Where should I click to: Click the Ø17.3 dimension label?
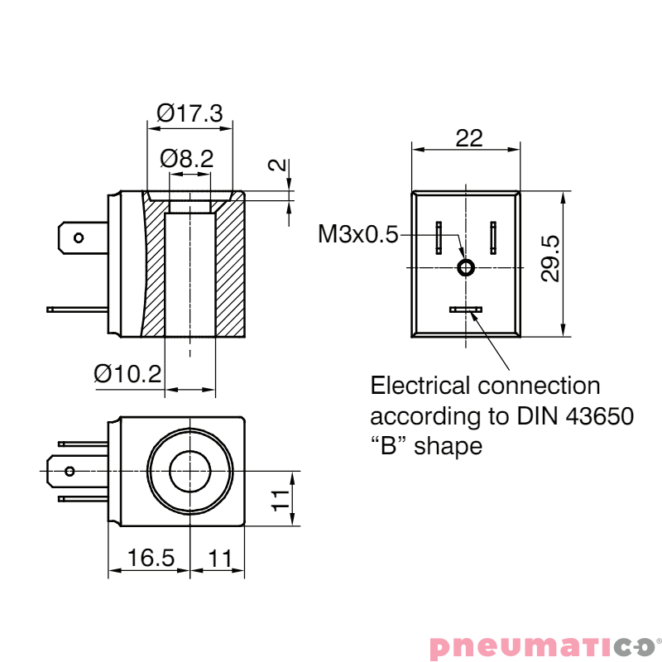[x=189, y=113]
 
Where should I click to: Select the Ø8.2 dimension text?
[x=187, y=158]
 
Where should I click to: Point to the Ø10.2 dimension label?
[x=127, y=374]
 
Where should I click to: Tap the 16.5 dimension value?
[x=151, y=559]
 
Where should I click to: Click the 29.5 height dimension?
[x=550, y=258]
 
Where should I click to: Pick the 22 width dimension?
[x=468, y=138]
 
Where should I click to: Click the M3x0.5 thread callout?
[x=357, y=235]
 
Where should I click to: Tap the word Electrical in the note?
[x=421, y=386]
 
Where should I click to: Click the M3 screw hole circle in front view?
[x=466, y=267]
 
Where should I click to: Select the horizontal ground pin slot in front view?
[x=466, y=309]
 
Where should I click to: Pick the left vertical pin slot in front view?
[x=439, y=238]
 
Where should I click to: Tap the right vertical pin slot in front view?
[x=493, y=238]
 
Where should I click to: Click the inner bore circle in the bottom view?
[x=190, y=472]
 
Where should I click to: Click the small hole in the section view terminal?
[x=79, y=238]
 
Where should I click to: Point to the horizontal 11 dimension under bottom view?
[x=219, y=559]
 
